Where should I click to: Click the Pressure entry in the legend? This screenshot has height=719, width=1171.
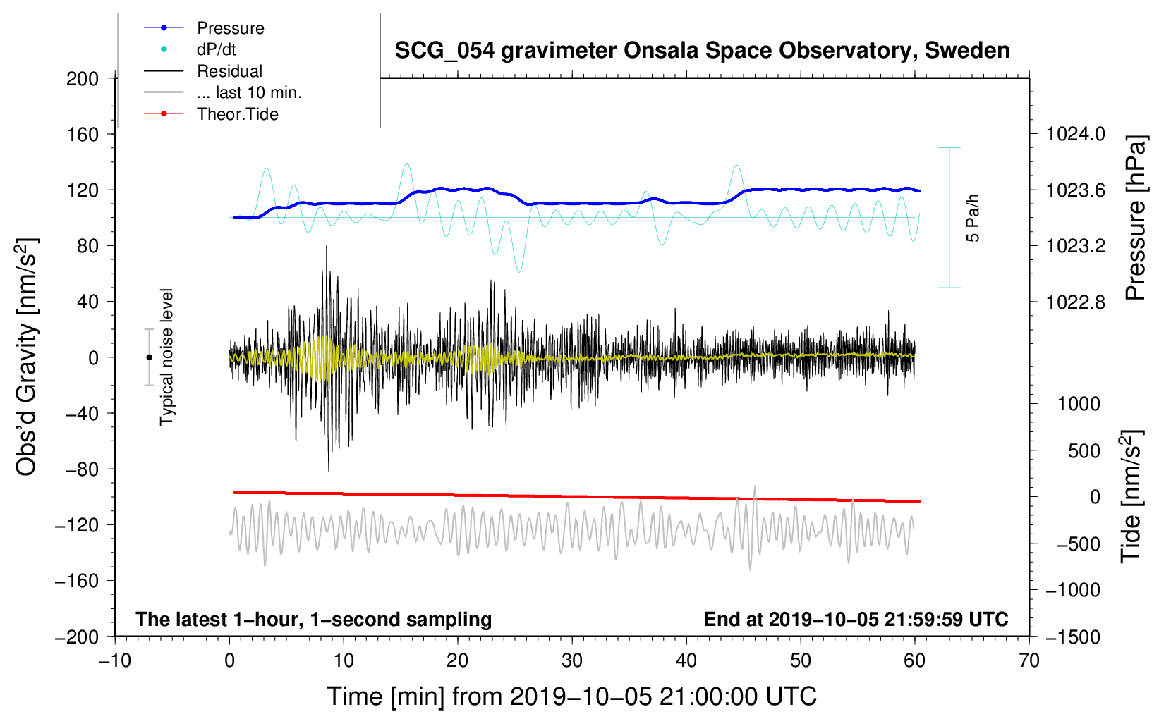tap(230, 28)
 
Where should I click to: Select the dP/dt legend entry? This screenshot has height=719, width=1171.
tap(216, 49)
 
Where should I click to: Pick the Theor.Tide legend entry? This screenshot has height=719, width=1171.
tap(237, 114)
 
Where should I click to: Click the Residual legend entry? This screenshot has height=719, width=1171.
tap(229, 71)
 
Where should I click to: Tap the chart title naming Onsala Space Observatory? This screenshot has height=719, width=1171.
tap(702, 51)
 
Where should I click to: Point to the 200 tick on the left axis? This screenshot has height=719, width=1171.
tap(83, 78)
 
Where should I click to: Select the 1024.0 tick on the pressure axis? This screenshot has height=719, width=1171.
tap(1075, 134)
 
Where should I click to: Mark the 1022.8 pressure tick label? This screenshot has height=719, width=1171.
tap(1075, 302)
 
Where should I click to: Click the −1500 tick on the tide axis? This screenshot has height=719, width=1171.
tap(1072, 637)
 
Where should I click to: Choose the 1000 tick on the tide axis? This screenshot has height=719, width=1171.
tap(1079, 404)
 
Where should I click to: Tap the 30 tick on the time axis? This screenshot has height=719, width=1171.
tap(572, 660)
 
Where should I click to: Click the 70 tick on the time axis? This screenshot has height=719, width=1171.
tap(1029, 660)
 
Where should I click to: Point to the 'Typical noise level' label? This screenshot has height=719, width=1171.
tap(166, 357)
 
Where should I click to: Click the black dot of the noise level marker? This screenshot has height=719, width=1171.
tap(149, 357)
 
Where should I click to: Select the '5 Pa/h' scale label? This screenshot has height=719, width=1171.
tap(973, 218)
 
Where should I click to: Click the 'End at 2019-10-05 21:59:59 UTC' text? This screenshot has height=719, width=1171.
tap(856, 620)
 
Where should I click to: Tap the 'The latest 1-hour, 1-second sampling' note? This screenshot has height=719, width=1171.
tap(314, 620)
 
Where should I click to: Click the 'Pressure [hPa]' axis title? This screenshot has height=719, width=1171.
tap(1135, 218)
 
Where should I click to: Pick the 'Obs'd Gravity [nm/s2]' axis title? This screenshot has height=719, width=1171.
tap(27, 357)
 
